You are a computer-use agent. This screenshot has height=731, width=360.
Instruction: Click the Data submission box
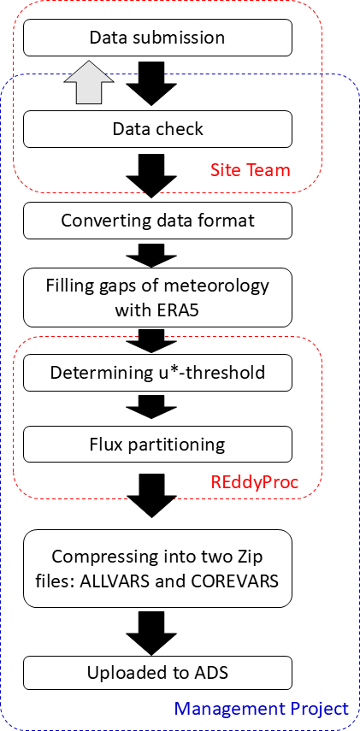157,38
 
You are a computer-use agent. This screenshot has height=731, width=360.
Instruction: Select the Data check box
157,129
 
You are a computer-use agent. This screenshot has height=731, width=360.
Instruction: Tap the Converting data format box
157,220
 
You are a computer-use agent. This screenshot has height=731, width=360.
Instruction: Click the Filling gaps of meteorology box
157,297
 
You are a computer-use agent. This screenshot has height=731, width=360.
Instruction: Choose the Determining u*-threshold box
157,373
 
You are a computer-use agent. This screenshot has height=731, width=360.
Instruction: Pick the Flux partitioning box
157,445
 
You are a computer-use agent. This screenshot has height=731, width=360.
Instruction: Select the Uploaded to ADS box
157,673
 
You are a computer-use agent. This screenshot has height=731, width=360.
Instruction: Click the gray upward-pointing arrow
89,83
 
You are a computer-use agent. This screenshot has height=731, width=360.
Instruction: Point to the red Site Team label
251,170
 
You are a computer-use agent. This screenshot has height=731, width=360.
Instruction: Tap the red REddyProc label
255,482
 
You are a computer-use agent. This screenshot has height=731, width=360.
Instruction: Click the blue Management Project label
262,709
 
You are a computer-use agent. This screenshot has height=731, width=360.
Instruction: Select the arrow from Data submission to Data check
151,84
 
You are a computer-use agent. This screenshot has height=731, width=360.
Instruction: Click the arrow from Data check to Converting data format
151,176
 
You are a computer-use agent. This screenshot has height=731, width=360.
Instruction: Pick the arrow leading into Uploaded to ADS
151,633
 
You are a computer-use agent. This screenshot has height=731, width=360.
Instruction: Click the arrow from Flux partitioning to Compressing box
151,496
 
